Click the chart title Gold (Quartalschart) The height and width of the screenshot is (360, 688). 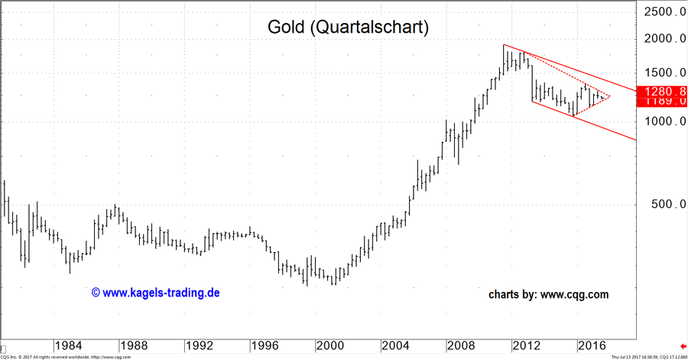348,27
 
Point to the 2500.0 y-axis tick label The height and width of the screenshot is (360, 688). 664,12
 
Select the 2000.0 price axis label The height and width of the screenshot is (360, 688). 664,39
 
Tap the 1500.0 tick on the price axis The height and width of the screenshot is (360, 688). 664,73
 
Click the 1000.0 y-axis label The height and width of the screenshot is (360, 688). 664,122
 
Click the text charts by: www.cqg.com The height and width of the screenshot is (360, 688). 549,294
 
